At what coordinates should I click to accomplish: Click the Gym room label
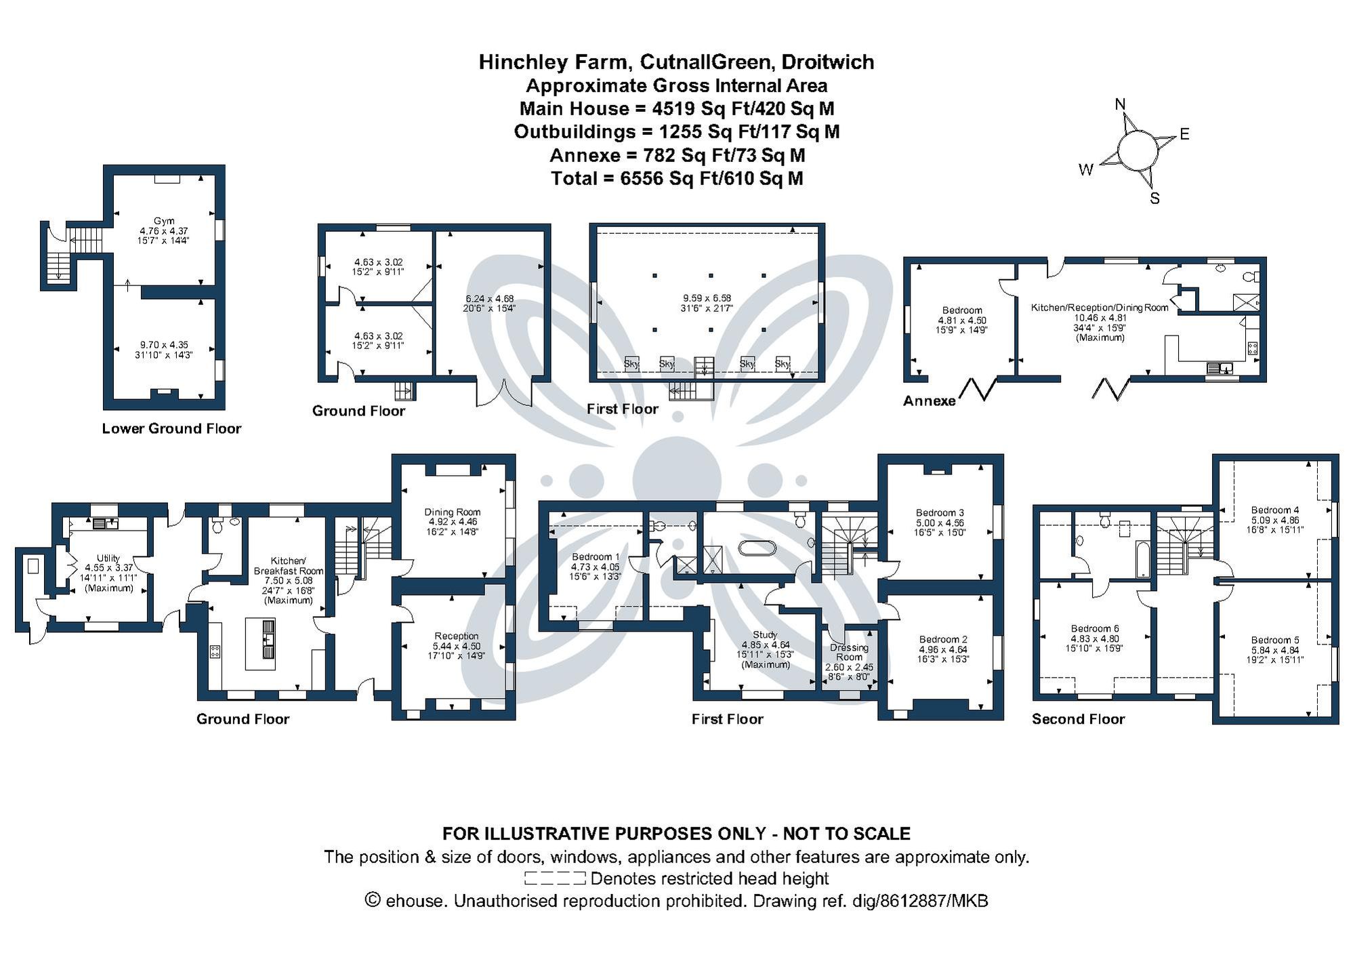[x=164, y=221]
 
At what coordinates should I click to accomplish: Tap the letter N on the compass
[x=1121, y=104]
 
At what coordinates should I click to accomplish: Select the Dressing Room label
[x=849, y=652]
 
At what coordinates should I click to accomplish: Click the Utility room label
[x=108, y=558]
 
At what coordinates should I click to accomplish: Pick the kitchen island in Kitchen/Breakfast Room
[x=260, y=643]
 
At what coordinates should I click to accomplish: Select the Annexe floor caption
[x=930, y=401]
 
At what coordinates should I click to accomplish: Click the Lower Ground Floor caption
[x=171, y=428]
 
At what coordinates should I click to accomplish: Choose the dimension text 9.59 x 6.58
[x=707, y=298]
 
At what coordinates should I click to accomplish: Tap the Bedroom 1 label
[x=596, y=556]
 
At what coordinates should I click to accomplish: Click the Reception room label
[x=457, y=636]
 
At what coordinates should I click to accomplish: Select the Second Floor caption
[x=1078, y=719]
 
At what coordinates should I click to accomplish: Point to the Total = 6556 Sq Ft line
[x=677, y=178]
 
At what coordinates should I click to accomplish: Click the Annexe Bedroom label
[x=962, y=310]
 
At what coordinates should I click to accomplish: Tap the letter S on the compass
[x=1155, y=199]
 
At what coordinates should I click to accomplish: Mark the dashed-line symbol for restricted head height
[x=555, y=879]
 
